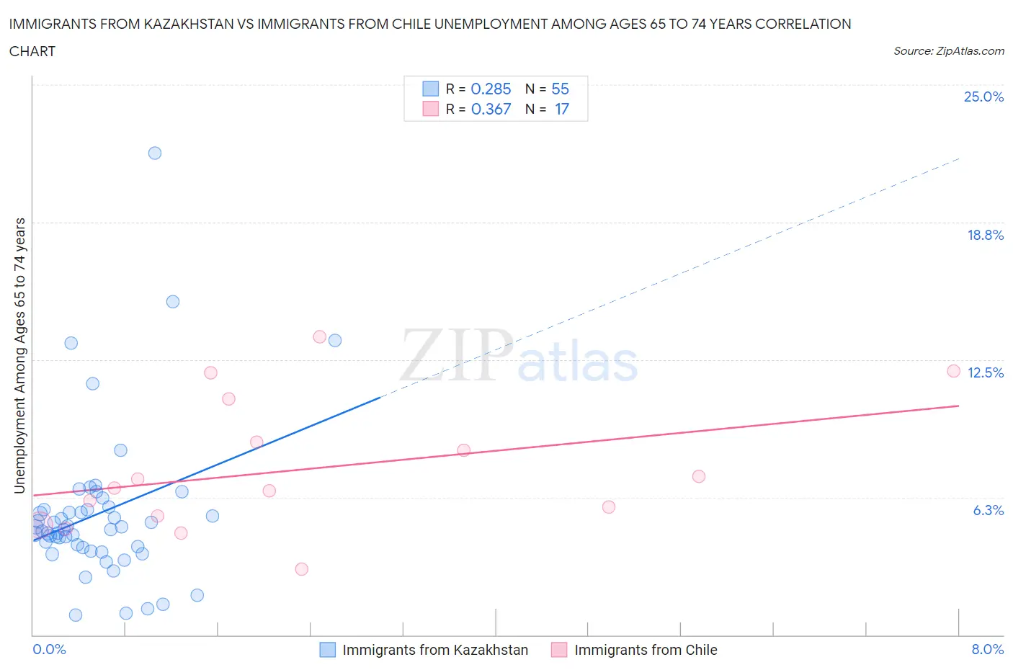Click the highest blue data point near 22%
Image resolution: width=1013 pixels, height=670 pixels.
[x=155, y=153]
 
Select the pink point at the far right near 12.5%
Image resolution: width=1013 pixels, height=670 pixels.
[x=953, y=371]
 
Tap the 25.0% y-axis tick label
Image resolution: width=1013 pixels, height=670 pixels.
[x=983, y=97]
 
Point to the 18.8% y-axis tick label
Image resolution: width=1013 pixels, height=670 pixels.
[x=985, y=235]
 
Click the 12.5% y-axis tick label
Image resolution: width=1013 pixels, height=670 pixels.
[x=985, y=372]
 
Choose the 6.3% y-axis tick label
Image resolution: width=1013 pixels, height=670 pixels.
[x=988, y=510]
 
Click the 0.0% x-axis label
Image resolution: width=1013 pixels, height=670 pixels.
[x=49, y=649]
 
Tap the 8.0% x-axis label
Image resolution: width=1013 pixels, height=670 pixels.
[x=987, y=649]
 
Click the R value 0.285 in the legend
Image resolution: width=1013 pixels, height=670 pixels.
[x=491, y=89]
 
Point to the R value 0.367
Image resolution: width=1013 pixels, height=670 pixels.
[x=491, y=109]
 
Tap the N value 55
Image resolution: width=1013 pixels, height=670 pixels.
[x=560, y=89]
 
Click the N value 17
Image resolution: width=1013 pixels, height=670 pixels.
[x=561, y=109]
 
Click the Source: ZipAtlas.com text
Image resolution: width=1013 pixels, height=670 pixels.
[x=948, y=50]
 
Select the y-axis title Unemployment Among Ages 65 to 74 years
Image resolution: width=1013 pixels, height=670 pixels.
[x=19, y=356]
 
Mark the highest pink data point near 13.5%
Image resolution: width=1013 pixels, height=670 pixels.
[x=320, y=336]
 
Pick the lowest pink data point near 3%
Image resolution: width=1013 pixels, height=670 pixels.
[x=302, y=569]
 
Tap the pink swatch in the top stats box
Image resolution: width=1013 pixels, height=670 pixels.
[x=430, y=109]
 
